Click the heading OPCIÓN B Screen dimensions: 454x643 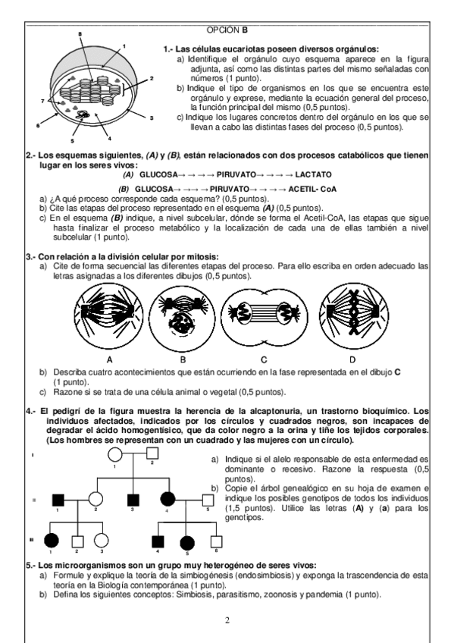(227, 30)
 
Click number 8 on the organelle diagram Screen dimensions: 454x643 (80, 33)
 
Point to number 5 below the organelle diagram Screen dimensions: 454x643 (73, 141)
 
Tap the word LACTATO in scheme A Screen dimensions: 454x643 (314, 174)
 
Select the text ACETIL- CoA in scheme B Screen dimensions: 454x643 (312, 189)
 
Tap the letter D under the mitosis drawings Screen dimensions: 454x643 (352, 360)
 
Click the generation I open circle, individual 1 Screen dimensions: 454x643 (115, 455)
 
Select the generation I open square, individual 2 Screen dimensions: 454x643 (152, 453)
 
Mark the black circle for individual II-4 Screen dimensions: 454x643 (168, 499)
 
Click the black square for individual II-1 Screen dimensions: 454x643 (58, 500)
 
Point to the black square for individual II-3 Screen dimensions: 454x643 (133, 500)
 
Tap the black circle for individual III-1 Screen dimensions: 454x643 (52, 541)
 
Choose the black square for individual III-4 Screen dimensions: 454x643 (158, 541)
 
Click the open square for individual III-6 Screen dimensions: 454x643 (216, 541)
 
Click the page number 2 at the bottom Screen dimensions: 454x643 (227, 620)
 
